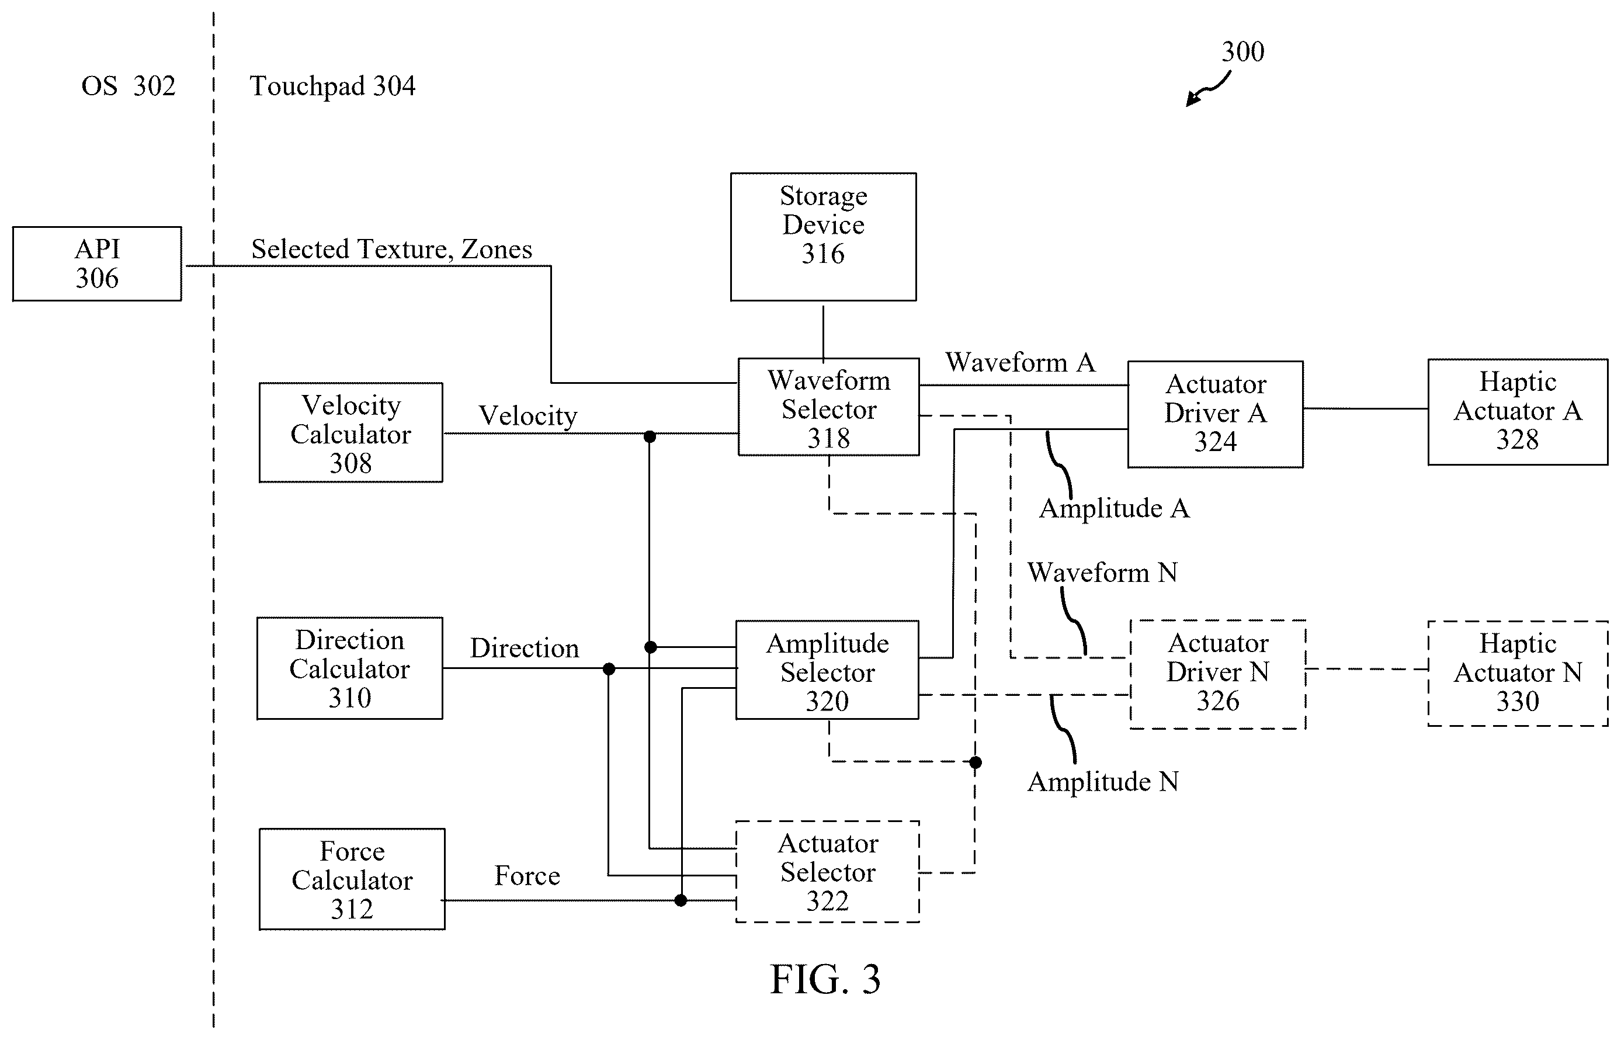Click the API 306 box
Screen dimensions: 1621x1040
click(x=97, y=264)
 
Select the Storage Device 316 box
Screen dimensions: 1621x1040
click(x=823, y=237)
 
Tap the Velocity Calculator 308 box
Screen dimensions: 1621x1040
click(x=351, y=432)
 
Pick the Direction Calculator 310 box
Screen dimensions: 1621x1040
click(x=350, y=668)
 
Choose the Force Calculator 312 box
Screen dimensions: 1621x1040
click(x=352, y=879)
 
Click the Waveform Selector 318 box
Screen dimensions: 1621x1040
click(x=828, y=407)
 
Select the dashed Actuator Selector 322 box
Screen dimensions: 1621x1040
click(x=828, y=871)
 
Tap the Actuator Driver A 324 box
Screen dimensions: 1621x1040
click(x=1215, y=414)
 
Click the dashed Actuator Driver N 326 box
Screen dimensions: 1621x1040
click(x=1218, y=674)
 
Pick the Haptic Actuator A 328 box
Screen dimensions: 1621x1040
click(x=1518, y=412)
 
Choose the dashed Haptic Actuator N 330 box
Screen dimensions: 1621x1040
click(x=1518, y=673)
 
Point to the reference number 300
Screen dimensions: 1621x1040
click(x=1243, y=51)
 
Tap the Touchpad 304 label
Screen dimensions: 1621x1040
click(x=332, y=86)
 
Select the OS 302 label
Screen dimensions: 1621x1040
click(x=129, y=86)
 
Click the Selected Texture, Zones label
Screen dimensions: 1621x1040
click(x=391, y=249)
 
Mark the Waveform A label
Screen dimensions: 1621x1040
click(x=1020, y=363)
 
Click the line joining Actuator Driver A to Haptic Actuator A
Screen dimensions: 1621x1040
click(x=1366, y=408)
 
